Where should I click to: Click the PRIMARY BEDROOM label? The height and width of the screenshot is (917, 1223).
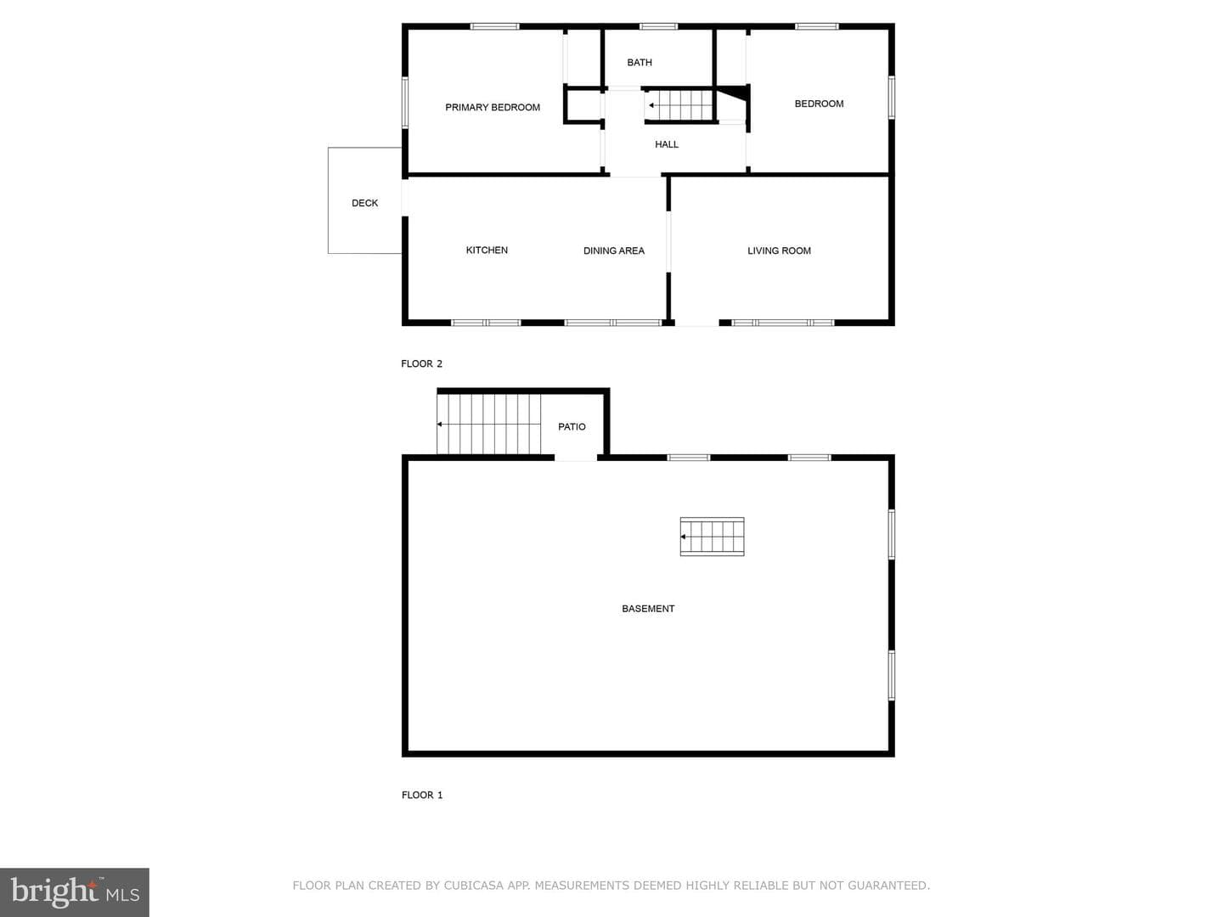click(493, 108)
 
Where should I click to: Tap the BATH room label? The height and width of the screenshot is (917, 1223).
click(639, 62)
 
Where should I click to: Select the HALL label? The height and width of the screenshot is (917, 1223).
click(667, 144)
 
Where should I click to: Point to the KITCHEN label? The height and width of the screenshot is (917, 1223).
click(487, 250)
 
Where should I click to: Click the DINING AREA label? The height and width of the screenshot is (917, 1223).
click(613, 250)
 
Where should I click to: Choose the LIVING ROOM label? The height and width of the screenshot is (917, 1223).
click(779, 250)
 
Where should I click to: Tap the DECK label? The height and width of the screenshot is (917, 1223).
click(364, 203)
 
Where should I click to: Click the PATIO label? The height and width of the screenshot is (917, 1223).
click(572, 426)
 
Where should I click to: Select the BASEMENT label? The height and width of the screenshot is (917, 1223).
click(648, 609)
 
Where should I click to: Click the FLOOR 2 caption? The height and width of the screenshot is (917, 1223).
click(421, 363)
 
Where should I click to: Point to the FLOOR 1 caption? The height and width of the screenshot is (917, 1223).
click(422, 795)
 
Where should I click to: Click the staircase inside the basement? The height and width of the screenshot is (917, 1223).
click(712, 537)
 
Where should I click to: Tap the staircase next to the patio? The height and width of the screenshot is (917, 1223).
click(488, 425)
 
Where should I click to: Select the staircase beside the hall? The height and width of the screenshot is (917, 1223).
click(679, 105)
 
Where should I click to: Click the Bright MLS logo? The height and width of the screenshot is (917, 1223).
click(75, 892)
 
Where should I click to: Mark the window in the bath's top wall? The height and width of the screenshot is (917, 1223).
click(658, 26)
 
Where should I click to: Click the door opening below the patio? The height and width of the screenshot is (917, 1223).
click(576, 458)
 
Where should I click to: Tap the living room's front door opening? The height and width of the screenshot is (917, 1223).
click(696, 323)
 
